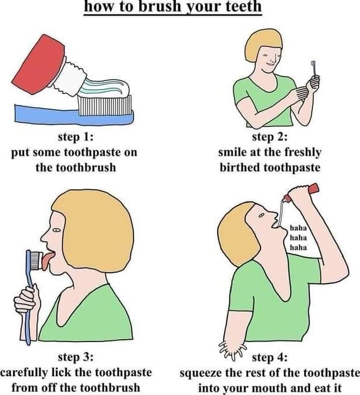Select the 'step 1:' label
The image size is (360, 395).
click(75, 138)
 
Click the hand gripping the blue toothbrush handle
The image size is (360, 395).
click(27, 300)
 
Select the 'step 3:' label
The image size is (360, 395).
click(75, 357)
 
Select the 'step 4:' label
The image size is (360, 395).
click(270, 357)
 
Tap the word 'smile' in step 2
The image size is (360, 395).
click(232, 152)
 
